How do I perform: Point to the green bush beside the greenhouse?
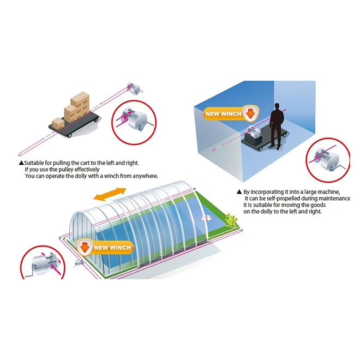pos(231,220)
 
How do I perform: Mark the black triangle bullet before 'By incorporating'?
pos(239,192)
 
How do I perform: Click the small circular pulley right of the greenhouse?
pos(206,218)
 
